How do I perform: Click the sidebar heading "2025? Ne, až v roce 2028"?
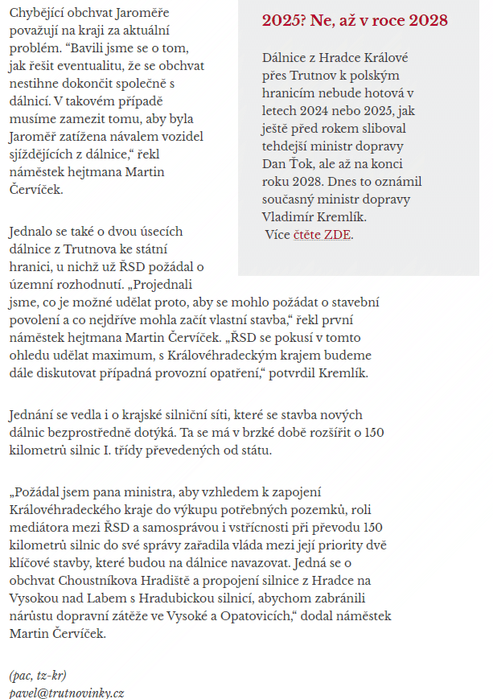pos(355,22)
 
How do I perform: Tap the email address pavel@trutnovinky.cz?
pos(67,692)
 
